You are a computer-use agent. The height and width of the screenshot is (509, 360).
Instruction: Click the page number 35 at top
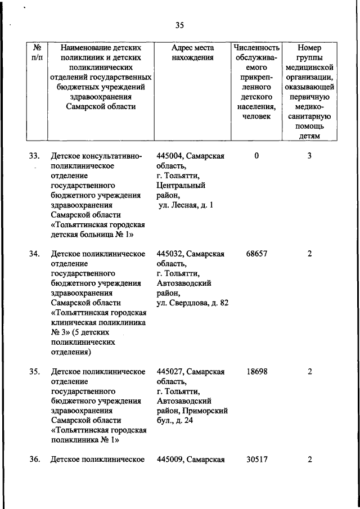[x=179, y=25]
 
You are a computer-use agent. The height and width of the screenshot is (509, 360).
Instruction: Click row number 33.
[x=34, y=156]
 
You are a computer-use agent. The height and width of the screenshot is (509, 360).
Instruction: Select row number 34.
[x=34, y=254]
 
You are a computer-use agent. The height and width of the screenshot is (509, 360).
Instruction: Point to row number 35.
[x=34, y=371]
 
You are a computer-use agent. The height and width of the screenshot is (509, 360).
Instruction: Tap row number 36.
[x=34, y=460]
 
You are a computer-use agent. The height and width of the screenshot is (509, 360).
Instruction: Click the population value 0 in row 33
[x=256, y=156]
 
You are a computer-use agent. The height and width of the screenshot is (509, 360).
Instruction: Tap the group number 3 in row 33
[x=309, y=156]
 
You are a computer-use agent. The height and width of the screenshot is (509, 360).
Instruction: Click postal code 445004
[x=170, y=156]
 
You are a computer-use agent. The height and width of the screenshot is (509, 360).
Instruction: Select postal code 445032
[x=170, y=254]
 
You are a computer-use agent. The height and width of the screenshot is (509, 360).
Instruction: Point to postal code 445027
[x=170, y=371]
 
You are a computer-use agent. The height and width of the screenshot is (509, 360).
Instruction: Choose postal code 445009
[x=170, y=460]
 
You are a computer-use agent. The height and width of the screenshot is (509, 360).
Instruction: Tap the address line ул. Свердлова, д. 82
[x=193, y=303]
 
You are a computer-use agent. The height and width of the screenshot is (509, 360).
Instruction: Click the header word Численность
[x=256, y=47]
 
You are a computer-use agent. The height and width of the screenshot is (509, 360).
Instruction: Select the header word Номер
[x=309, y=47]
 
